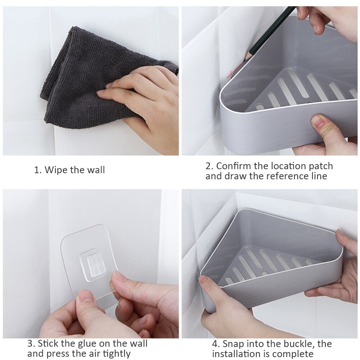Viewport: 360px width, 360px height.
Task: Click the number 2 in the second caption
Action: (208, 166)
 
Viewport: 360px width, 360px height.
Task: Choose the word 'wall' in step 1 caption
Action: (96, 170)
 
